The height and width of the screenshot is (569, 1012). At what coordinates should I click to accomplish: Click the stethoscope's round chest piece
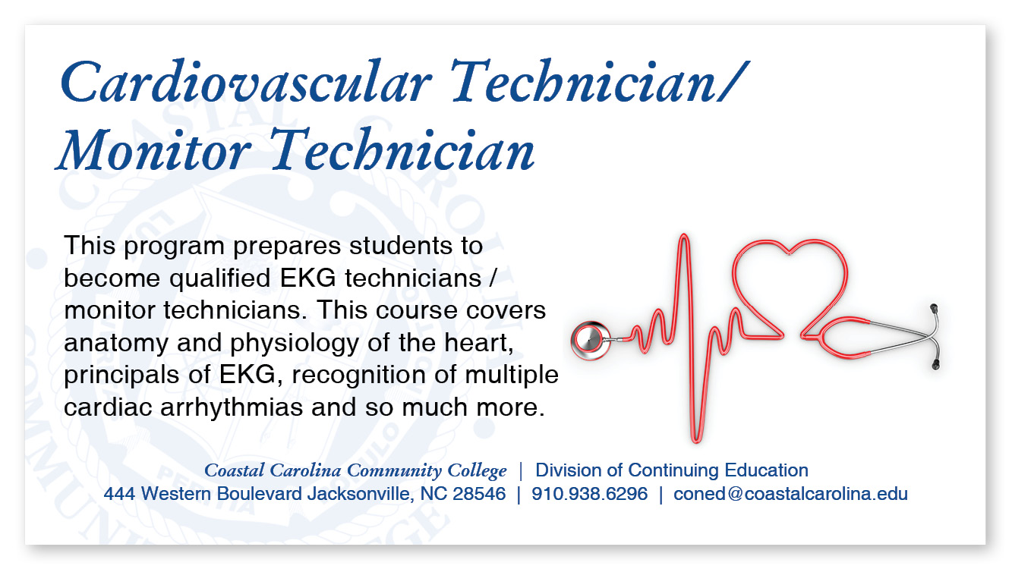(x=589, y=338)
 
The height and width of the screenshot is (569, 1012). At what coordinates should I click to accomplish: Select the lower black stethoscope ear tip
(x=935, y=365)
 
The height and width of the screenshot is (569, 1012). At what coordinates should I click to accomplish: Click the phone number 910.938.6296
(x=590, y=494)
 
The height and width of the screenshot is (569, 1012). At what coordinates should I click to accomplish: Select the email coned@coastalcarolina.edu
(x=790, y=494)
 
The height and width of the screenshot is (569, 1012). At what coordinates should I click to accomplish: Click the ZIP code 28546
(x=479, y=494)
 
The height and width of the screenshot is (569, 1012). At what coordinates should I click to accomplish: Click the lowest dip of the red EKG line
(x=696, y=440)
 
